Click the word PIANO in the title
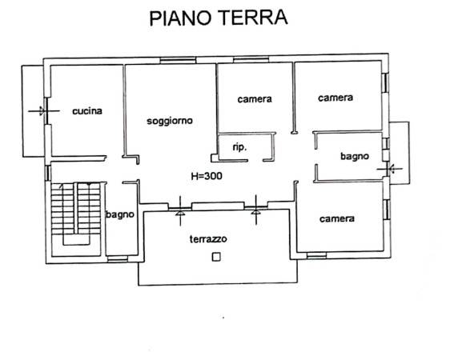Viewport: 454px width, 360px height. tap(180, 18)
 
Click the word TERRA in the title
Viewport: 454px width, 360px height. tap(253, 17)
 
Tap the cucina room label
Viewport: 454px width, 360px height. tap(87, 111)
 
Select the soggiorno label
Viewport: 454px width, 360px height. tap(170, 121)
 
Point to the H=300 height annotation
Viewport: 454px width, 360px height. tap(207, 176)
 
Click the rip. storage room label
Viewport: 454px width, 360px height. tap(239, 147)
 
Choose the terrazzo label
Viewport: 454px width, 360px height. tap(208, 238)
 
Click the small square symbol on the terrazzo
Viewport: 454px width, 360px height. tap(216, 257)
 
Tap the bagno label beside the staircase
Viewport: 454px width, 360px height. tap(120, 214)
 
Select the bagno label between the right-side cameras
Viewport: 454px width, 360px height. tap(355, 156)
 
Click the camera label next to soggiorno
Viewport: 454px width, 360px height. tap(255, 99)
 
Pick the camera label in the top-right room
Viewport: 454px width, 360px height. tap(335, 98)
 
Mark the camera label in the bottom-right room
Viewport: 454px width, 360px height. tap(337, 218)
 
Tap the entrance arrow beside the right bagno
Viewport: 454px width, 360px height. tap(390, 169)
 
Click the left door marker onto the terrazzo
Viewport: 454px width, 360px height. tap(180, 210)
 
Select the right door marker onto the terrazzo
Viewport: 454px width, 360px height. tap(256, 210)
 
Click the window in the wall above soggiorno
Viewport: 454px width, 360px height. tap(178, 61)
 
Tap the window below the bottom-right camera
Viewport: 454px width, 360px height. tap(316, 255)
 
